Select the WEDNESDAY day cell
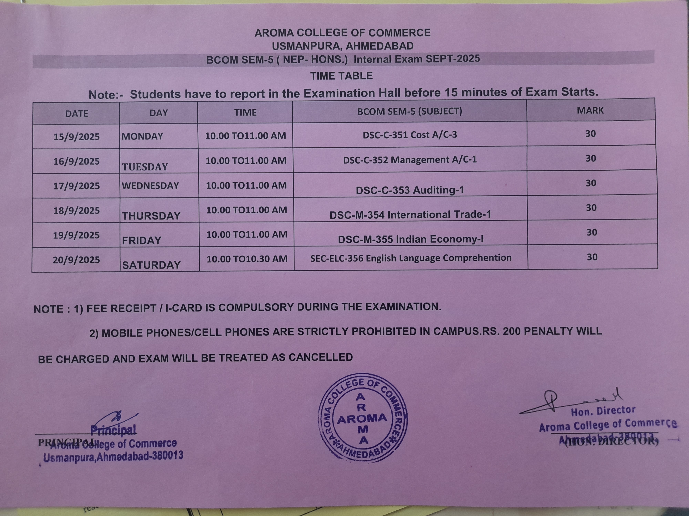pyautogui.click(x=150, y=186)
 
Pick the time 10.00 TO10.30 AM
pyautogui.click(x=247, y=259)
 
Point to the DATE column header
pyautogui.click(x=77, y=114)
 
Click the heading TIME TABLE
pyautogui.click(x=341, y=76)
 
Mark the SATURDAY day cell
pyautogui.click(x=151, y=265)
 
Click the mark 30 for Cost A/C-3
pyautogui.click(x=590, y=134)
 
